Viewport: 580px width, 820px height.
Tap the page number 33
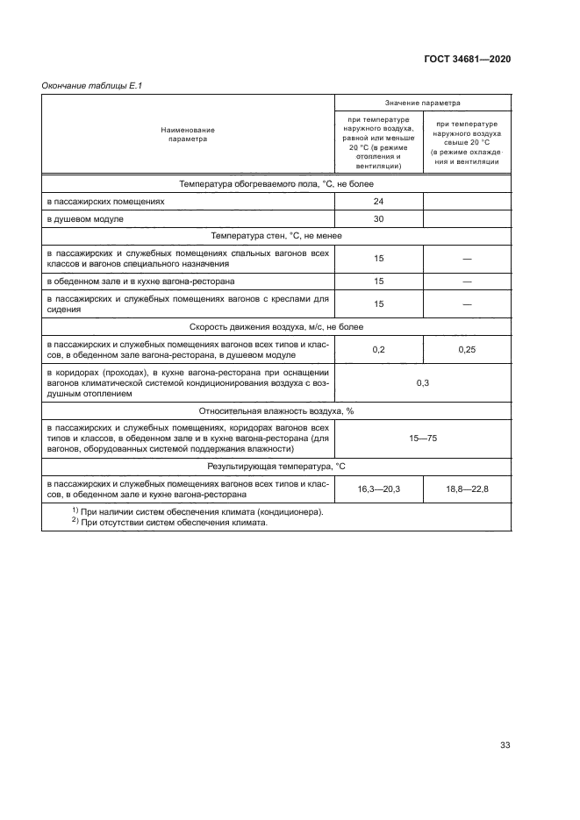pyautogui.click(x=505, y=745)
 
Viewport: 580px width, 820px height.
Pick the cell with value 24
pyautogui.click(x=378, y=201)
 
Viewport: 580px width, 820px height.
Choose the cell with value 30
pyautogui.click(x=378, y=218)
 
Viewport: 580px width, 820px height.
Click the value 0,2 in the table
pyautogui.click(x=378, y=349)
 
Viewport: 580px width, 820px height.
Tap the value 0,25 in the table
pyautogui.click(x=467, y=349)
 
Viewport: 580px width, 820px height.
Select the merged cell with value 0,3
pyautogui.click(x=422, y=383)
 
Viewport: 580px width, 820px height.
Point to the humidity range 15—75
pyautogui.click(x=422, y=437)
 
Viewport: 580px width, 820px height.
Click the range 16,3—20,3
pyautogui.click(x=378, y=488)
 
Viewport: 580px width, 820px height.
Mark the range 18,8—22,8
pyautogui.click(x=467, y=488)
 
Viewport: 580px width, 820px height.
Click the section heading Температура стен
pyautogui.click(x=276, y=236)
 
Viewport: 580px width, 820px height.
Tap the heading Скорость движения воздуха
pyautogui.click(x=276, y=326)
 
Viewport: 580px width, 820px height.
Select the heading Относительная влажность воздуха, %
pyautogui.click(x=276, y=410)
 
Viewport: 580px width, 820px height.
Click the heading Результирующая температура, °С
pyautogui.click(x=276, y=466)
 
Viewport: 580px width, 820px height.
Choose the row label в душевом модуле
pyautogui.click(x=86, y=218)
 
